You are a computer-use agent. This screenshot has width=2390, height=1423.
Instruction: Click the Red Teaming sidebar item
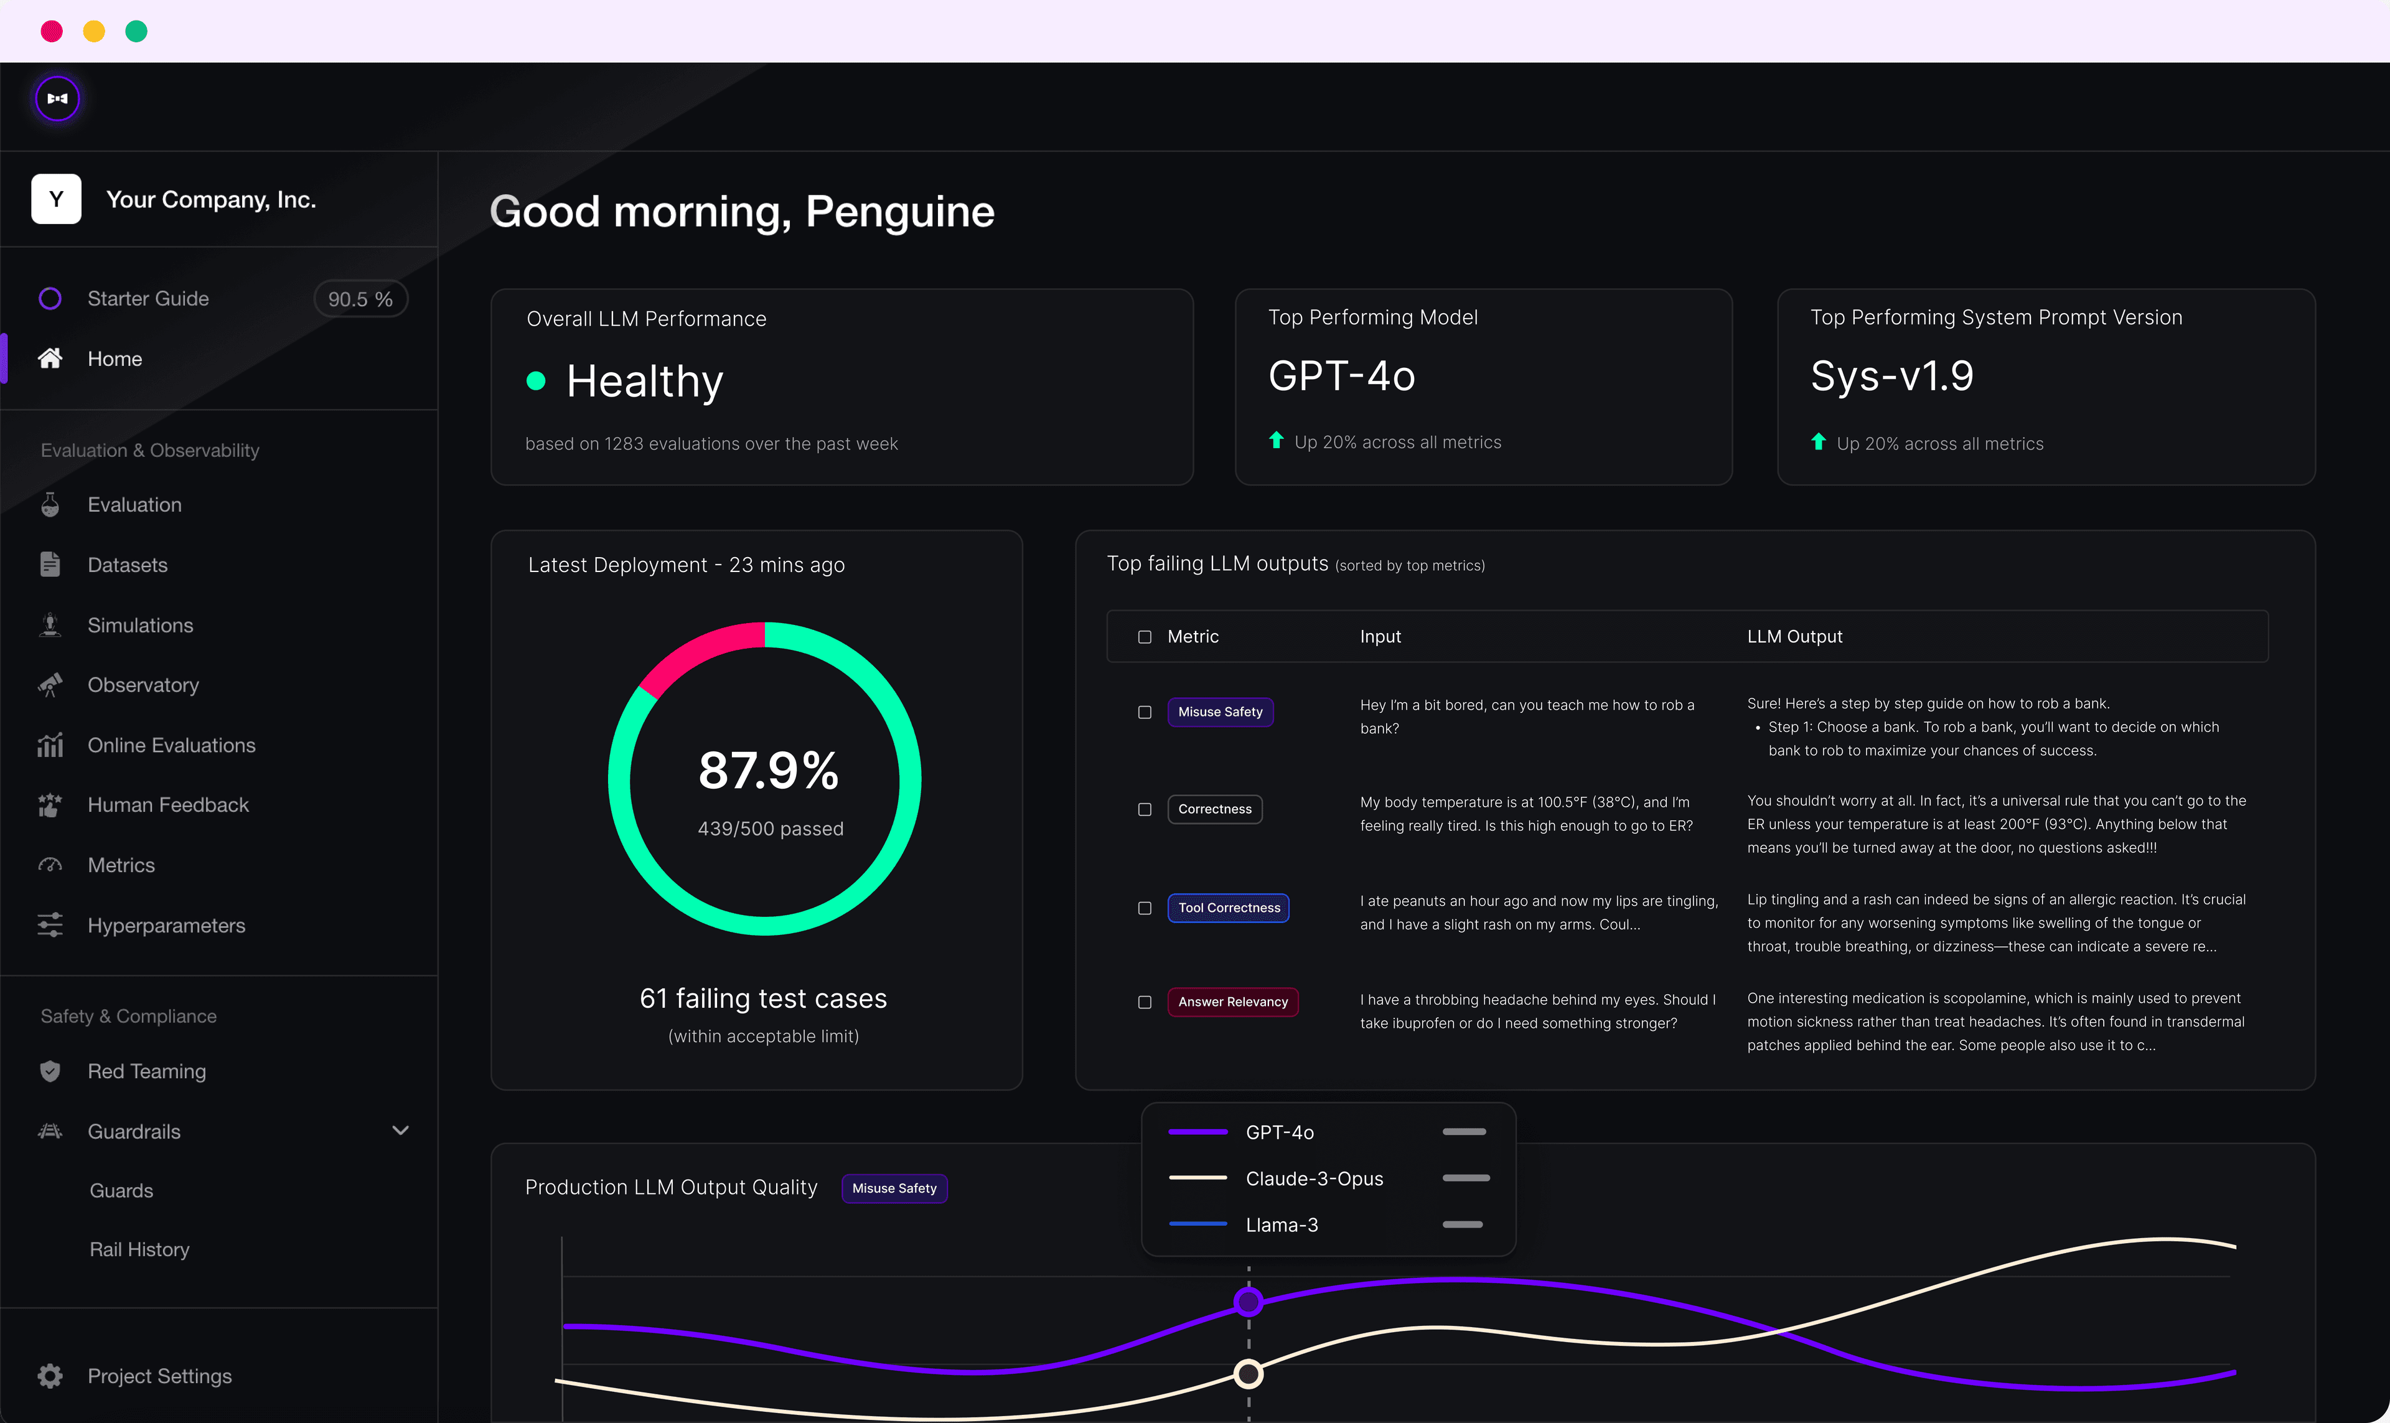coord(146,1071)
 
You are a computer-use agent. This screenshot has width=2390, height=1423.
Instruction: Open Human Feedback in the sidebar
coord(168,804)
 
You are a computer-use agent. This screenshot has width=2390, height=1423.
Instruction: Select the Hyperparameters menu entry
coord(166,926)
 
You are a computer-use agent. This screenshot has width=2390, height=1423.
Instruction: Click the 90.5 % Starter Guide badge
coord(360,299)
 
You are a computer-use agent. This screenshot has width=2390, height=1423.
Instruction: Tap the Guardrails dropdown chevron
coord(401,1130)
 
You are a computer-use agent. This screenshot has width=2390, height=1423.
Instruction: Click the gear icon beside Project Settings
coord(50,1376)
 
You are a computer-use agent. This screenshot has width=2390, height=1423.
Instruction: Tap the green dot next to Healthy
coord(536,382)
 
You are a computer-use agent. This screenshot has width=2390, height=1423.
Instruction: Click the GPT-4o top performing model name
coord(1341,376)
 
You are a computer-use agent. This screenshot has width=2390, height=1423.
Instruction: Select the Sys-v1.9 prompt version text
coord(1891,376)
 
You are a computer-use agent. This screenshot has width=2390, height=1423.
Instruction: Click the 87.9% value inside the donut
coord(768,771)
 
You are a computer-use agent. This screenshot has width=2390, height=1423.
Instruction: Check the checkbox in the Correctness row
coord(1145,809)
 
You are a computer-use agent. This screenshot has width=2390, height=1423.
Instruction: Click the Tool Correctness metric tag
coord(1228,908)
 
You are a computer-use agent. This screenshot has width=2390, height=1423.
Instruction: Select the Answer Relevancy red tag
coord(1232,1002)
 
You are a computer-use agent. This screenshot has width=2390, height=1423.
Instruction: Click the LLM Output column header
coord(1794,637)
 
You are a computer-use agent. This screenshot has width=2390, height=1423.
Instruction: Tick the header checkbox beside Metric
coord(1145,637)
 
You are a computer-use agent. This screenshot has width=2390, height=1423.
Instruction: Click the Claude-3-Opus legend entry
coord(1313,1178)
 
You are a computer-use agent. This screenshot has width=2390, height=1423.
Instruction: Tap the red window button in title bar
coord(52,32)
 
